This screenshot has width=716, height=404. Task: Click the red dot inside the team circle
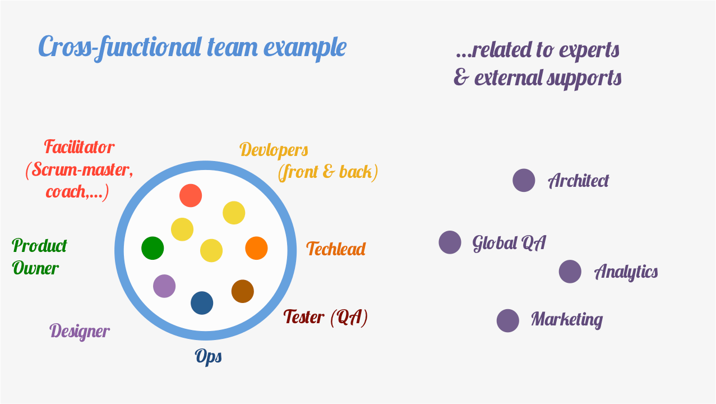(191, 195)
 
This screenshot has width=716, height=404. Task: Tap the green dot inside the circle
(153, 248)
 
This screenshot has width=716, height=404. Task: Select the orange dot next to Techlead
(256, 248)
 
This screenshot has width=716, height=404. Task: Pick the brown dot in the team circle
(243, 291)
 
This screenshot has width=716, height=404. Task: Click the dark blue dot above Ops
(202, 303)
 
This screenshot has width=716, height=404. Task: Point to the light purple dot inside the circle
(164, 286)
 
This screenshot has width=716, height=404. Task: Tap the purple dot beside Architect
(524, 181)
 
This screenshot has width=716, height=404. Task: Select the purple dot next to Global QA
(450, 242)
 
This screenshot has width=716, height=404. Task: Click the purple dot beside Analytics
(570, 272)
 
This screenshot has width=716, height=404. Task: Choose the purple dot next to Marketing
(507, 320)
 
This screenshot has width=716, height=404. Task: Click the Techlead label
(336, 249)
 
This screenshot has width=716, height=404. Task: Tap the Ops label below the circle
(208, 357)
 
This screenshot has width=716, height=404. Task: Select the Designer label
(80, 331)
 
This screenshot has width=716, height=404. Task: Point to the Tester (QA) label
(325, 318)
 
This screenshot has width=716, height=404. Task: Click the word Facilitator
(79, 148)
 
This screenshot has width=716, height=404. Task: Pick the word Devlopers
(274, 150)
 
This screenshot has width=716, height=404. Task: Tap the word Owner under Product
(35, 268)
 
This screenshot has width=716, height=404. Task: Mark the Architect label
(578, 181)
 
